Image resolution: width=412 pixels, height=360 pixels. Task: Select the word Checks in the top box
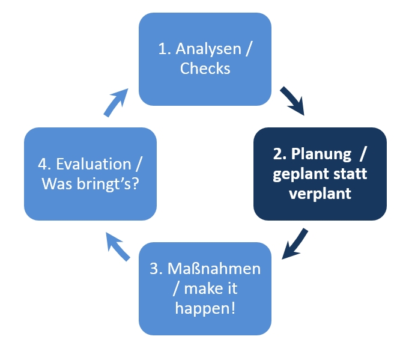[x=205, y=69]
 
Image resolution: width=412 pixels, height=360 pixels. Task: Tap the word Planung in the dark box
[x=321, y=154]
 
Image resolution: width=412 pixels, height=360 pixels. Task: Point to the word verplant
[x=320, y=194]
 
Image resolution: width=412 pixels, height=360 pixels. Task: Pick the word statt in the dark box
[x=350, y=174]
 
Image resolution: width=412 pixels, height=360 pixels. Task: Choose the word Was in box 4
[x=56, y=184]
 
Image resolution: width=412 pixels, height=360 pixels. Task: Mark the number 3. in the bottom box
[x=155, y=269]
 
